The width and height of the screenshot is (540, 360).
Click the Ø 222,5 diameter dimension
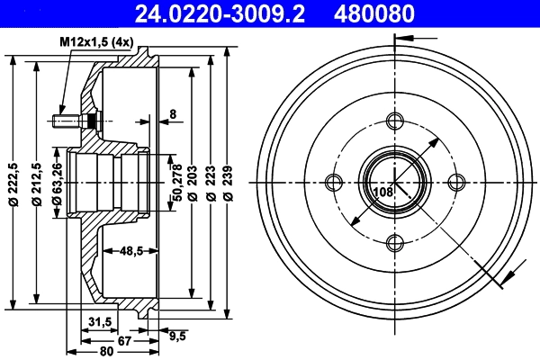(13, 182)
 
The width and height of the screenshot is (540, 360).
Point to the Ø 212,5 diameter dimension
(37, 182)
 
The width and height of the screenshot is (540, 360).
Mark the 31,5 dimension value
(100, 321)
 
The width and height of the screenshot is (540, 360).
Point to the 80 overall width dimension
(106, 350)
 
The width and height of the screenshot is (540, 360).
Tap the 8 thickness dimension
(174, 114)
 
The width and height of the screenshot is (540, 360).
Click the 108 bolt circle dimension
(382, 191)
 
